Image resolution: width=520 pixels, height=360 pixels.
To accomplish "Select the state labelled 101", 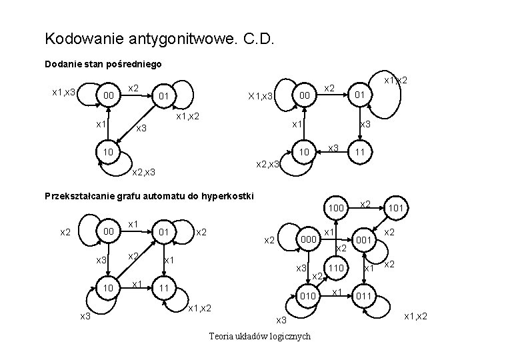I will pyautogui.click(x=398, y=209).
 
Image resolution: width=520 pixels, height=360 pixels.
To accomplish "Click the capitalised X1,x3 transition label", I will pyautogui.click(x=261, y=97).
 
